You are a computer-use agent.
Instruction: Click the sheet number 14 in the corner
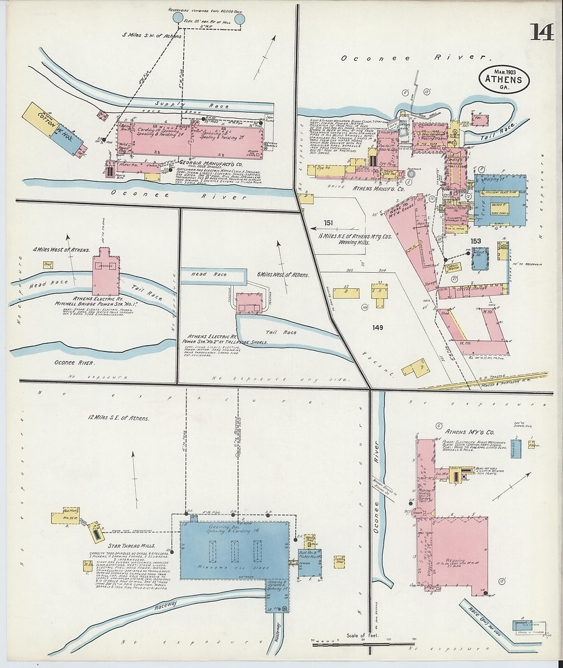(542, 32)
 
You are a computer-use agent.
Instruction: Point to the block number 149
(378, 328)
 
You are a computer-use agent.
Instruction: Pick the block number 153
(475, 241)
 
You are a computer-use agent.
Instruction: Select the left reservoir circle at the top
(178, 18)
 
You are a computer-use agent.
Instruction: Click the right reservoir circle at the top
(239, 19)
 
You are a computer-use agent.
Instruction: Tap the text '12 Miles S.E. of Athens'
(118, 418)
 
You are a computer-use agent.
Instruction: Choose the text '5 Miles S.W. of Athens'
(151, 36)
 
